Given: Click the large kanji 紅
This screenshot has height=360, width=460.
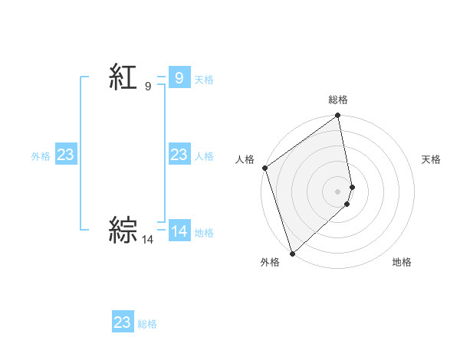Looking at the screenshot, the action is click(x=123, y=77).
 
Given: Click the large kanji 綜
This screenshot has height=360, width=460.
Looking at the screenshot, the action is click(x=123, y=231).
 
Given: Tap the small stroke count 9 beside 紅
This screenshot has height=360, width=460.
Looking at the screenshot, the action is click(x=148, y=87).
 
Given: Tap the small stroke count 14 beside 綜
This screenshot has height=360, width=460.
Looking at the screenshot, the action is click(x=148, y=240).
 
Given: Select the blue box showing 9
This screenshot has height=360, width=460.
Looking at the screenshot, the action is click(x=179, y=77).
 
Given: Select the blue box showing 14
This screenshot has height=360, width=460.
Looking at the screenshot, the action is click(x=179, y=231).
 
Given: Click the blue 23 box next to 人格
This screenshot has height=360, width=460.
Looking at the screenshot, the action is click(x=179, y=155).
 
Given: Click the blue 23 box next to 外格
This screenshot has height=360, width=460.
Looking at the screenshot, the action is click(x=65, y=155).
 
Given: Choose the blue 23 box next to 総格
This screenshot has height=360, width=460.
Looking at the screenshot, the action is click(x=123, y=322).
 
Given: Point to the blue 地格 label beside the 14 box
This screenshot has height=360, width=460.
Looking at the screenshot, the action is click(x=204, y=233).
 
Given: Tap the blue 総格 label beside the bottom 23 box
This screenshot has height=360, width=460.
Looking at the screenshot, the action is click(x=147, y=324).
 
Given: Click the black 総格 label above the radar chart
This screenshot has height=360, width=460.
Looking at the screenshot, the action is click(x=338, y=100).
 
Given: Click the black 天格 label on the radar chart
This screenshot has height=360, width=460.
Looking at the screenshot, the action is click(x=431, y=159).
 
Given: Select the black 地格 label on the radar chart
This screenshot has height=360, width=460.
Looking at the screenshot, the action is click(x=402, y=262).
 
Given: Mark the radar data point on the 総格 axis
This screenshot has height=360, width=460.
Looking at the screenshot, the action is click(x=338, y=116).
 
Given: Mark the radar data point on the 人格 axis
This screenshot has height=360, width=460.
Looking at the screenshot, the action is click(x=264, y=168).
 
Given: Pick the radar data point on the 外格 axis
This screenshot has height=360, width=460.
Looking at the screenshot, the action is click(x=292, y=253).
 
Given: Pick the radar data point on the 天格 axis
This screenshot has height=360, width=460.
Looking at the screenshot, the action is click(x=352, y=187).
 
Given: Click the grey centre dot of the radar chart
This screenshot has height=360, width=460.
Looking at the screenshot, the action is click(x=338, y=191).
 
